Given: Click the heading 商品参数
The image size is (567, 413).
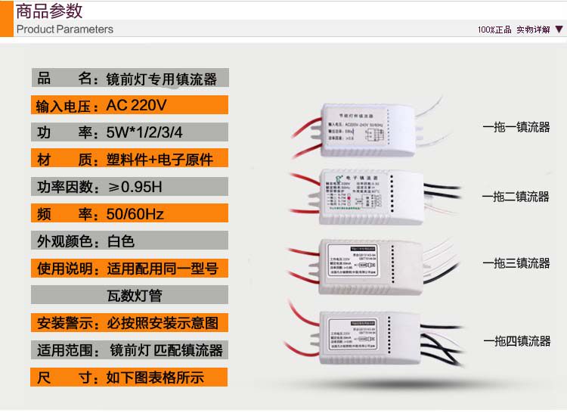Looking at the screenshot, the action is click(x=49, y=11).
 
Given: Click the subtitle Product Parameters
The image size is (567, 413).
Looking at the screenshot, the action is click(x=65, y=29).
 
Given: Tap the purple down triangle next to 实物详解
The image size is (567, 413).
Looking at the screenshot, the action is click(x=559, y=29).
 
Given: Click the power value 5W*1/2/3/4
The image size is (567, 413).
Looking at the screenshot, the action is click(x=144, y=132).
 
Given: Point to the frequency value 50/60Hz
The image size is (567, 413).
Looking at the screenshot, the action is click(x=135, y=214).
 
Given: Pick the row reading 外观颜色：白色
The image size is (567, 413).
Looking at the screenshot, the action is click(x=129, y=241).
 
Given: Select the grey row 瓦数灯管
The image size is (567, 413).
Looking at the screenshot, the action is click(x=129, y=295).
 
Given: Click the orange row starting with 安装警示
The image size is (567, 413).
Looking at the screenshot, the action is click(x=129, y=322).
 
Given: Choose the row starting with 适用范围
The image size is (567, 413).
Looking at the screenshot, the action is click(x=129, y=349).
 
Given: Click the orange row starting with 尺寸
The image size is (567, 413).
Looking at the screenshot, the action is click(x=129, y=377).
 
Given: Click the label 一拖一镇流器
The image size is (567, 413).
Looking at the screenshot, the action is click(x=516, y=128).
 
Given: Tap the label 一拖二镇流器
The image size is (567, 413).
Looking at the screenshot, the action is click(x=516, y=197).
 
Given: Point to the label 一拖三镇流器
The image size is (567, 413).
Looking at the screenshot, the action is click(x=516, y=263).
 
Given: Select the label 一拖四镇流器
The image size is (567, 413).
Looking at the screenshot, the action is click(x=516, y=341).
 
